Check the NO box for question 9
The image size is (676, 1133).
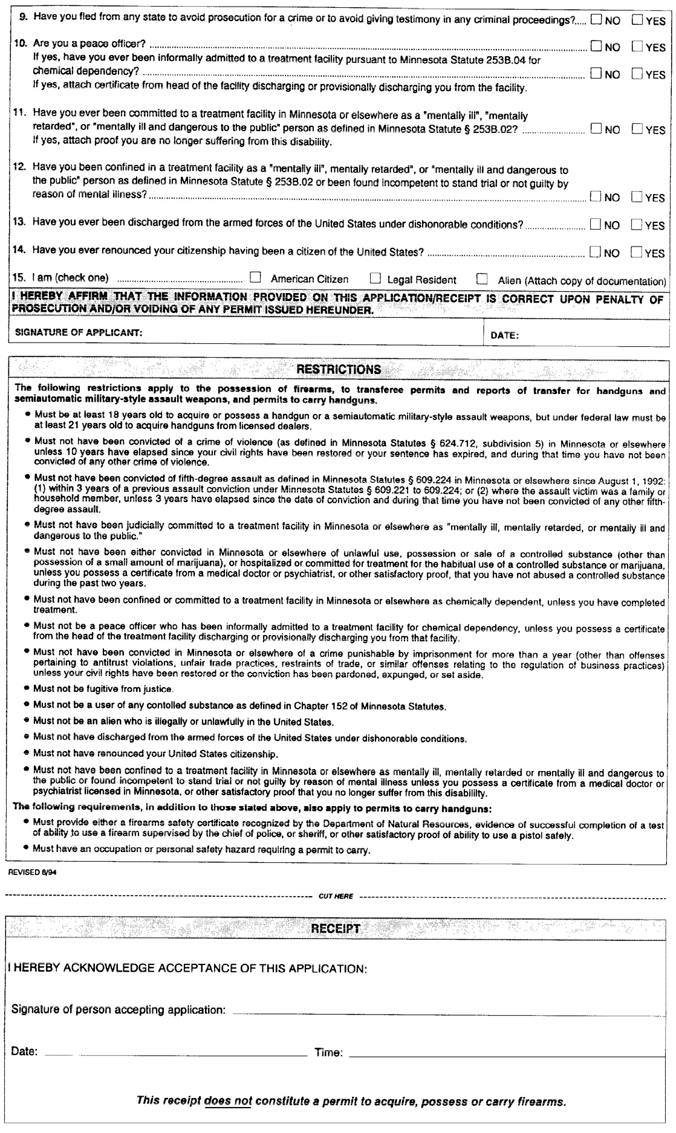click(x=596, y=20)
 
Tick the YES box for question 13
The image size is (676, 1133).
click(x=636, y=225)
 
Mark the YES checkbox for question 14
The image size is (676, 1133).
click(x=636, y=253)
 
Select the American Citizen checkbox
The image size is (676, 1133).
click(x=256, y=279)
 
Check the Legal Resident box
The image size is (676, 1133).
click(x=375, y=279)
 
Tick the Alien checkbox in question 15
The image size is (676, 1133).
click(x=482, y=279)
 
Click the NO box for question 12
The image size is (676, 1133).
click(x=596, y=197)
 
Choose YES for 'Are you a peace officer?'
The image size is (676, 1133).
click(x=637, y=47)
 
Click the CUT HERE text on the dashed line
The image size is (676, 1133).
click(x=336, y=896)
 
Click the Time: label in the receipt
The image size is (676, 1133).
click(x=328, y=1053)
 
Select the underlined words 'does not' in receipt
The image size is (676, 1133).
click(x=228, y=1100)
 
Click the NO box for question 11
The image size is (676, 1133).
click(x=596, y=129)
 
